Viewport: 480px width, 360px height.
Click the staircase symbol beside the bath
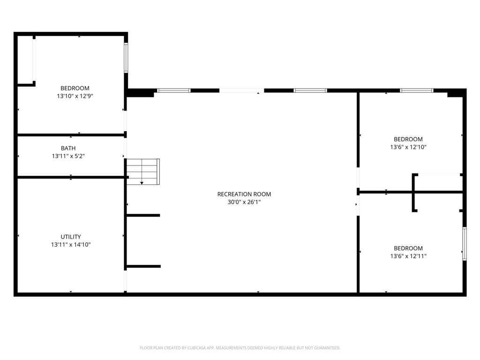point(143,172)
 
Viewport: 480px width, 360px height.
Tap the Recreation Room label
point(244,194)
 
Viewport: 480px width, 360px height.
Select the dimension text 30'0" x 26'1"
point(244,202)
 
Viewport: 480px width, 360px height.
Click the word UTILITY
point(71,237)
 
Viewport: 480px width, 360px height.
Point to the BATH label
point(68,148)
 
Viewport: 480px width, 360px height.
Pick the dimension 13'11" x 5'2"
point(68,156)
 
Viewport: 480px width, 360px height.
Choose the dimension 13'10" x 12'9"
point(75,96)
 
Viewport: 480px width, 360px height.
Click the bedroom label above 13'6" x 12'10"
point(408,139)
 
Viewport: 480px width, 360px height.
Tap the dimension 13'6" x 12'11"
point(408,256)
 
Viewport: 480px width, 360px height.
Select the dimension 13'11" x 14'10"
point(71,245)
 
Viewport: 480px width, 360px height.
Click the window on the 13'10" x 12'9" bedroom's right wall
point(126,58)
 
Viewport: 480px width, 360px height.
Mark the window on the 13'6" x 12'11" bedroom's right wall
point(465,244)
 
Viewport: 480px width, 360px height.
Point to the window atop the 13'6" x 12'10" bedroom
point(417,90)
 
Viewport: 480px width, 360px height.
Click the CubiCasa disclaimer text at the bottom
point(240,348)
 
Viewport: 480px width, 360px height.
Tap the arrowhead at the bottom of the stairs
point(142,183)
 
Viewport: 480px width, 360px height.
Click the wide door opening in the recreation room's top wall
point(241,90)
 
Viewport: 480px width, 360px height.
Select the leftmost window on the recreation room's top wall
point(174,90)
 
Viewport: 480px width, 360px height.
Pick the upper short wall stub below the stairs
point(143,216)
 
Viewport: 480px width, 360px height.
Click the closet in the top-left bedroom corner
point(26,60)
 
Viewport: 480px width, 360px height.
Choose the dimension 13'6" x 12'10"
point(408,147)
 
